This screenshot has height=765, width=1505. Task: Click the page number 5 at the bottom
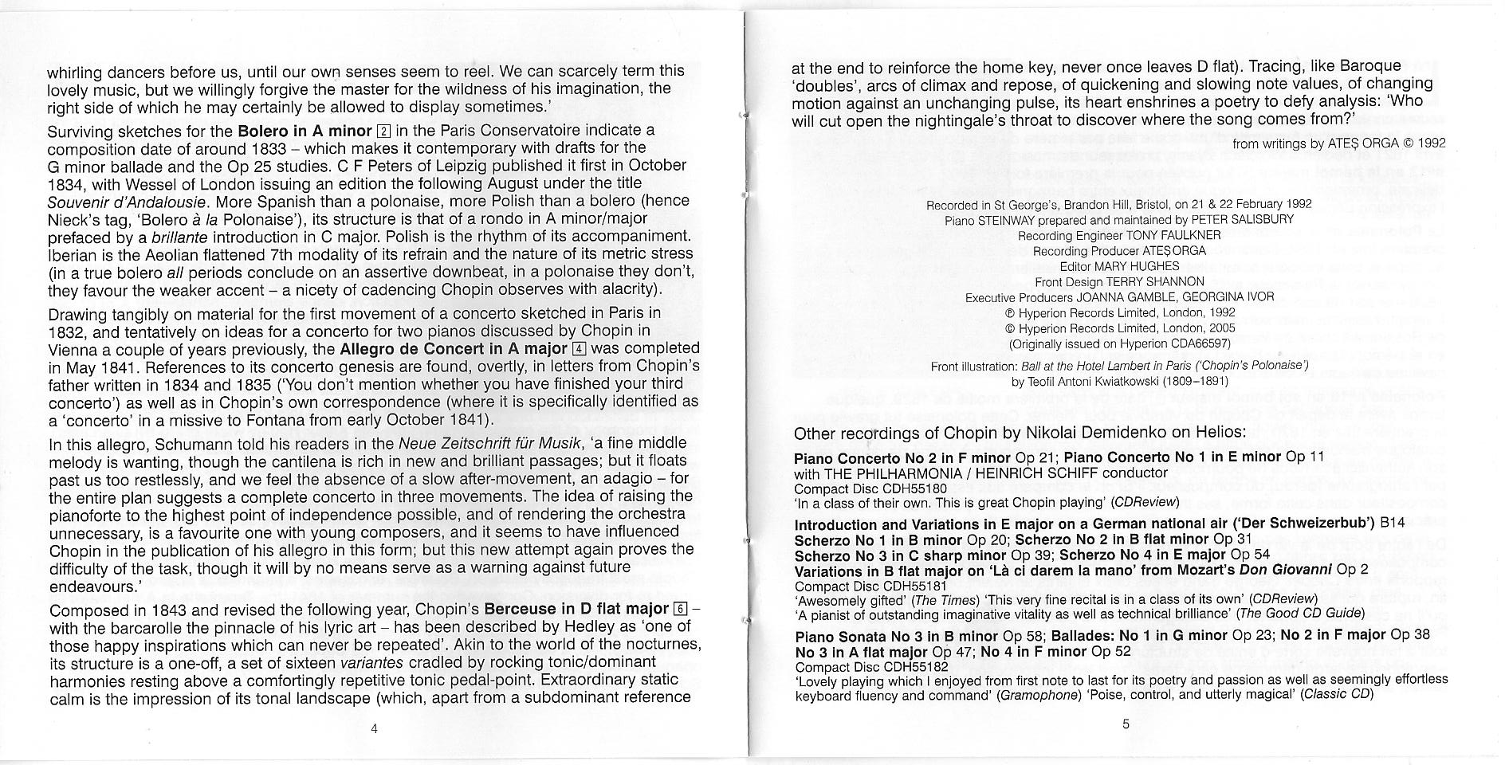pos(1125,724)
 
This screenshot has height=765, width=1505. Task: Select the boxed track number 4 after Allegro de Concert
pos(580,349)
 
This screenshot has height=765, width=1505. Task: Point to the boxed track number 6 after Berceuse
pos(681,610)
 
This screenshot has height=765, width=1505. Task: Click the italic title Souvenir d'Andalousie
pos(127,201)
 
